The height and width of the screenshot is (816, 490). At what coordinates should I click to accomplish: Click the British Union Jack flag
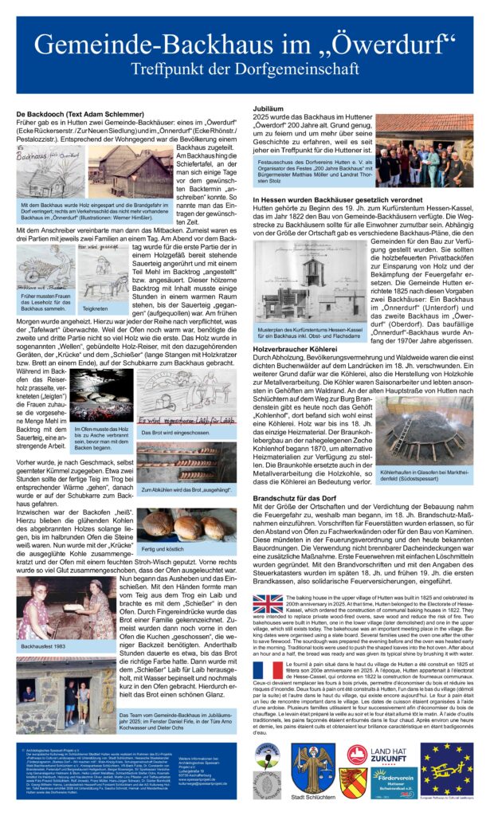click(x=267, y=603)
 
